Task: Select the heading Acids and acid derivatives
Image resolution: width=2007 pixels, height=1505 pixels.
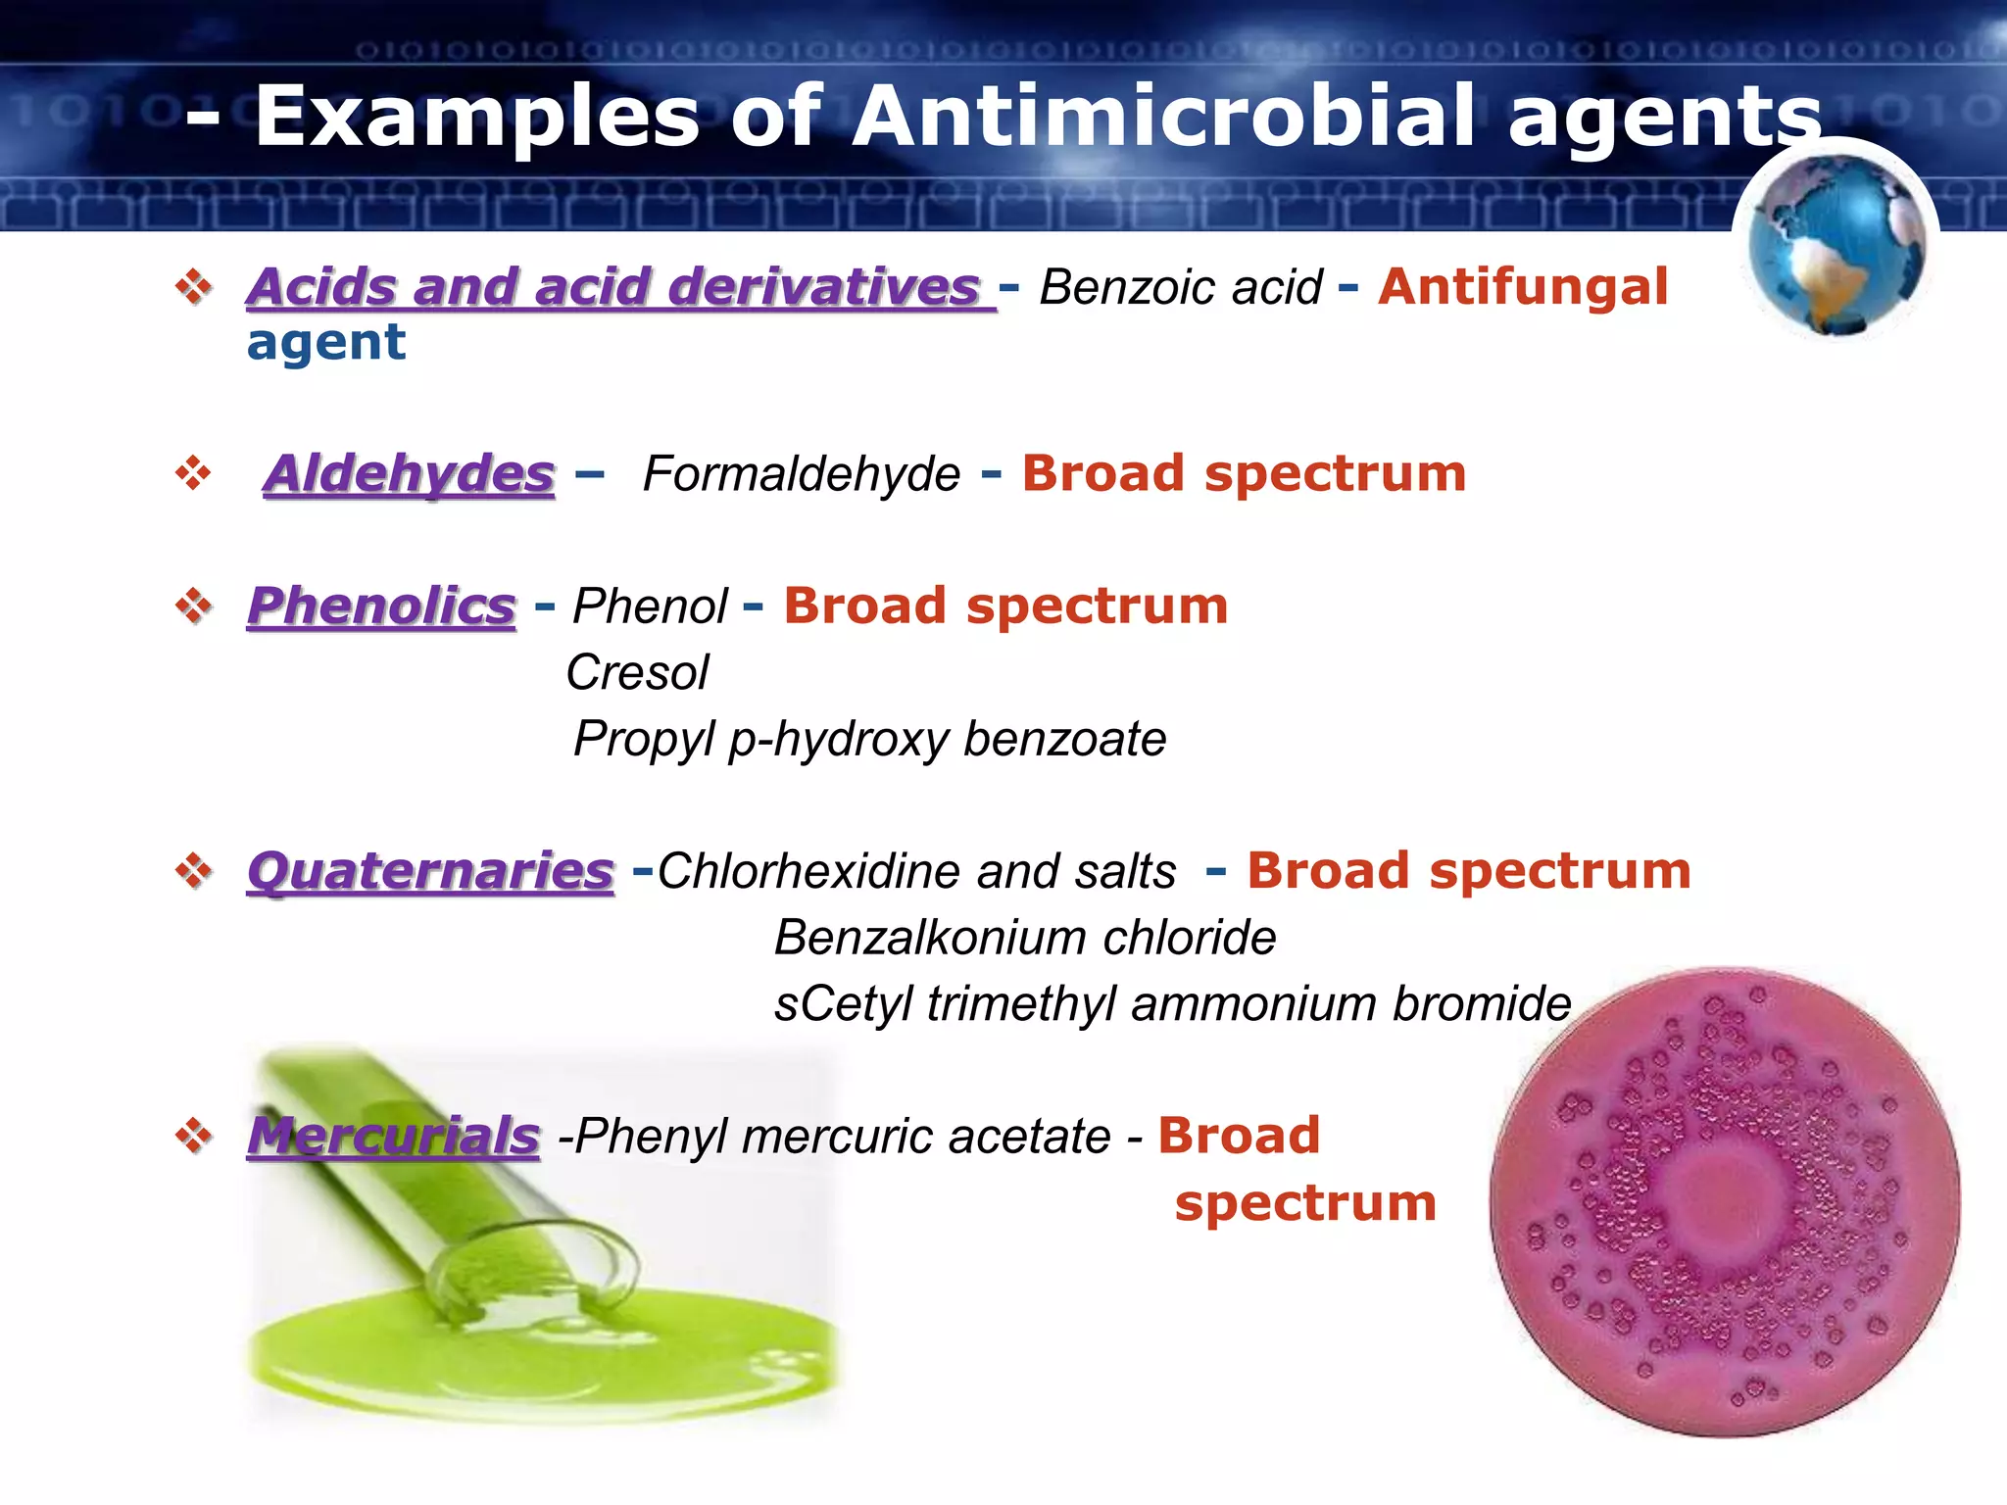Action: (614, 287)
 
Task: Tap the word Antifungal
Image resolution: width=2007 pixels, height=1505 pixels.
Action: (1522, 287)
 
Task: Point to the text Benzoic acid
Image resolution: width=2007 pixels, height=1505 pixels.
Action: (1180, 288)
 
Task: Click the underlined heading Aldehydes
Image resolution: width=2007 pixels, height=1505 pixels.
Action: (410, 474)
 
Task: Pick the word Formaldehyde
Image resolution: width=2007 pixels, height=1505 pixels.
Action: (801, 475)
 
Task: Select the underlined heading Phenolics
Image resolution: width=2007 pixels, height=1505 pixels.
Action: (381, 606)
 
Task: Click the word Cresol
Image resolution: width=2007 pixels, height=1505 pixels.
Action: (637, 673)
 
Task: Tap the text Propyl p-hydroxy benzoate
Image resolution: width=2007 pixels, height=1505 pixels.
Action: (869, 739)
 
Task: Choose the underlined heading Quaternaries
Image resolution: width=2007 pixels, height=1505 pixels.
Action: (430, 871)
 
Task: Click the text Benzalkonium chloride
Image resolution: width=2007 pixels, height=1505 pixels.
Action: (1025, 938)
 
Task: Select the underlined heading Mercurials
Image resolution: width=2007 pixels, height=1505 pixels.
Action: (393, 1137)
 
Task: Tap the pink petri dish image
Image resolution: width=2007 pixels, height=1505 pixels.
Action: (1725, 1202)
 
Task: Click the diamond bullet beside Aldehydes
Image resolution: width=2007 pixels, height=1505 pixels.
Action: (193, 473)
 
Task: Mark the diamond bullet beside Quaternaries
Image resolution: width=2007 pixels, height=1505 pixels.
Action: (193, 870)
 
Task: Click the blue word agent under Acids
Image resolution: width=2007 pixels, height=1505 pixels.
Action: (325, 343)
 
